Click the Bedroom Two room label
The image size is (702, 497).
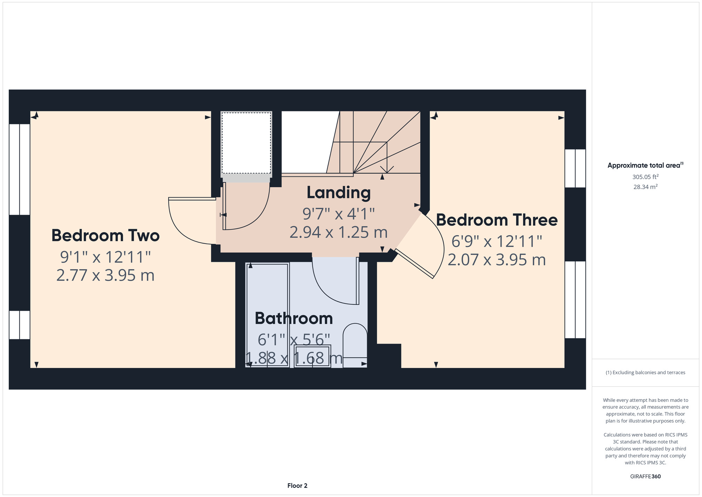pyautogui.click(x=105, y=235)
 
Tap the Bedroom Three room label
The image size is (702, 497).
pyautogui.click(x=497, y=220)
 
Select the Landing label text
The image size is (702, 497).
pyautogui.click(x=339, y=193)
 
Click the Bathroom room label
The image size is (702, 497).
pyautogui.click(x=294, y=318)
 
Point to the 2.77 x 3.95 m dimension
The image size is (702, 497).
pyautogui.click(x=105, y=275)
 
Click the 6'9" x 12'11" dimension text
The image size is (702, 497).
pyautogui.click(x=497, y=241)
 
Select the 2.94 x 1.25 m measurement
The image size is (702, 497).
pyautogui.click(x=339, y=232)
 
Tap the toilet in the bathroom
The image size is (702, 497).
pyautogui.click(x=355, y=346)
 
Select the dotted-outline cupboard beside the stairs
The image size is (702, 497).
pyautogui.click(x=246, y=143)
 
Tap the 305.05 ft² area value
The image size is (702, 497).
pyautogui.click(x=645, y=177)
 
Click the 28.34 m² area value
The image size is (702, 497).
pyautogui.click(x=645, y=187)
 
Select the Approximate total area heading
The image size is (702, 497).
pyautogui.click(x=645, y=165)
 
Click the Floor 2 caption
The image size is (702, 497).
pyautogui.click(x=297, y=486)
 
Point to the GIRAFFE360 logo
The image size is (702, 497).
pyautogui.click(x=645, y=477)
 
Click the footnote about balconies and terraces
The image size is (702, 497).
pyautogui.click(x=645, y=373)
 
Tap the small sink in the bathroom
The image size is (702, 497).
pyautogui.click(x=312, y=356)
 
